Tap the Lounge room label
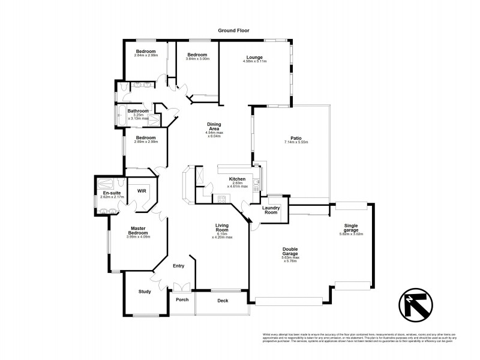tap(256, 57)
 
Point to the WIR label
tap(142, 191)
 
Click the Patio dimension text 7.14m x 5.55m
tap(291, 146)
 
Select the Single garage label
tap(352, 227)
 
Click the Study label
tap(144, 292)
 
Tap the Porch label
tap(181, 301)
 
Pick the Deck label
tap(223, 301)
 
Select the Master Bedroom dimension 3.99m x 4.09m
tap(137, 236)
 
